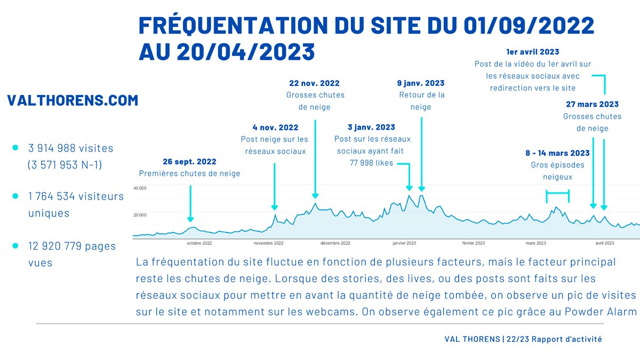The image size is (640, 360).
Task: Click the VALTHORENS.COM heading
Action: (73, 100)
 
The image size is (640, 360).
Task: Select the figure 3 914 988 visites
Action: (70, 148)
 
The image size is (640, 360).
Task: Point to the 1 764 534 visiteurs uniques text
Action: (76, 204)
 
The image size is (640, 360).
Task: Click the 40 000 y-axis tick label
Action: (140, 188)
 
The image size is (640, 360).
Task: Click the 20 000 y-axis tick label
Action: (140, 215)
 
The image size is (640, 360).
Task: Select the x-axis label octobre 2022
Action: (199, 243)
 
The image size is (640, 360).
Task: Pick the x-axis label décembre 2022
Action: (335, 243)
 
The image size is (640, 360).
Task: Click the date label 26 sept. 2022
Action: (189, 162)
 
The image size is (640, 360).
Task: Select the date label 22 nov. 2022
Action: (315, 83)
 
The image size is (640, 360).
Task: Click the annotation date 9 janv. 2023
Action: (420, 83)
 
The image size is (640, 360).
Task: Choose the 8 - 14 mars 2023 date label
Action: (557, 153)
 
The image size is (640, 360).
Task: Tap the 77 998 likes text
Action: (371, 163)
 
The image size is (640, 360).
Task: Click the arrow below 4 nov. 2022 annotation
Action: (275, 187)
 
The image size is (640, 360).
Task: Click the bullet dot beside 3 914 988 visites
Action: (15, 148)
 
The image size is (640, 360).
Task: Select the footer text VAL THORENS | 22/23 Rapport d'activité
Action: (523, 339)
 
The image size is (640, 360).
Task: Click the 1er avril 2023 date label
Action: (533, 52)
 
